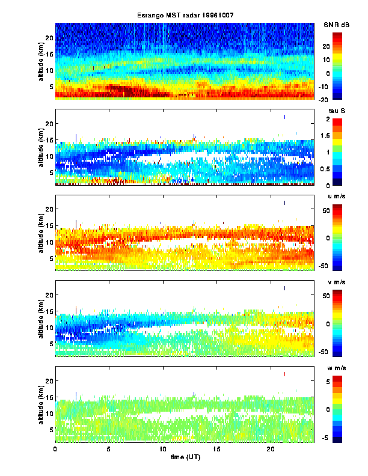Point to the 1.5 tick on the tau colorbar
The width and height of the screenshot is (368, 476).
[x=336, y=136]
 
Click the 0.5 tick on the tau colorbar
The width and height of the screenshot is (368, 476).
[x=336, y=169]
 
